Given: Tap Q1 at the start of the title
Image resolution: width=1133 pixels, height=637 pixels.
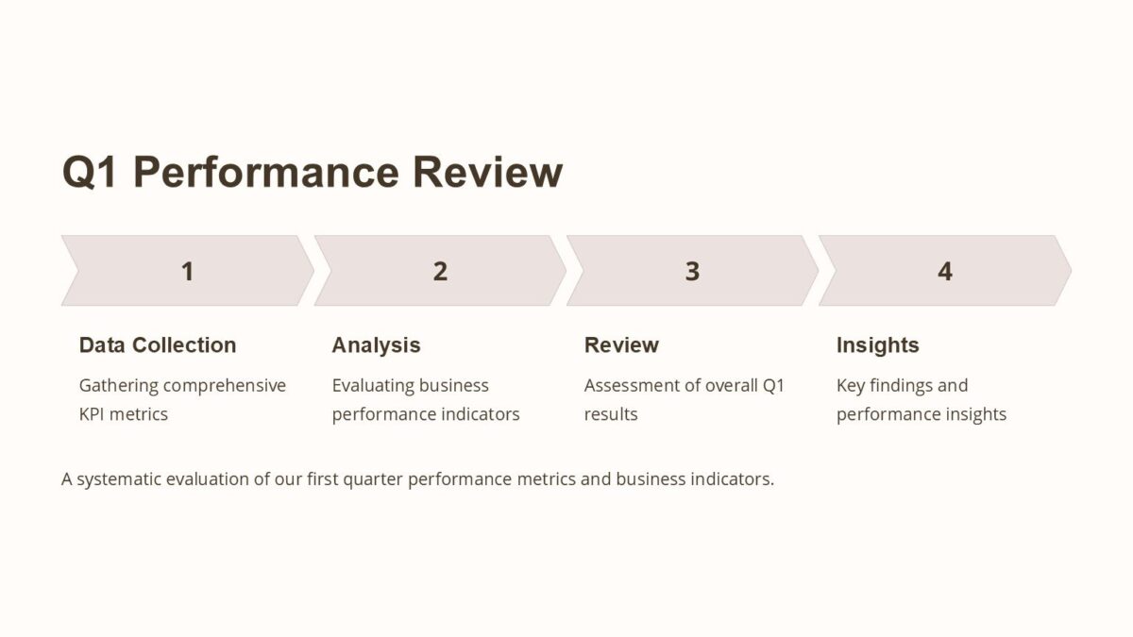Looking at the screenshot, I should click(x=90, y=173).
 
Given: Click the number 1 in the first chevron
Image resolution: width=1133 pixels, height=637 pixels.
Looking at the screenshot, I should click(x=187, y=272).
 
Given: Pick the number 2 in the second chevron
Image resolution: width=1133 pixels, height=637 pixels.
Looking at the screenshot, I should click(x=440, y=272).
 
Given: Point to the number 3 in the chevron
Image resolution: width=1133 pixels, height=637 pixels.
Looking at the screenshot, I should click(x=692, y=272).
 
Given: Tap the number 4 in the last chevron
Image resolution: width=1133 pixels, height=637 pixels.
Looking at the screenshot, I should click(x=945, y=272).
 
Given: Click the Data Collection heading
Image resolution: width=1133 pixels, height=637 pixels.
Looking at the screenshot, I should click(x=158, y=345).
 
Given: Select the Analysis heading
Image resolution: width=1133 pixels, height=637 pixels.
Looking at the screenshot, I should click(x=376, y=345).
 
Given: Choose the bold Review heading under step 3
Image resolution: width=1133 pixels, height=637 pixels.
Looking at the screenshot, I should click(x=621, y=345).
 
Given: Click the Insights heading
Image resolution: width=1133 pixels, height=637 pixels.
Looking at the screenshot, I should click(x=877, y=345).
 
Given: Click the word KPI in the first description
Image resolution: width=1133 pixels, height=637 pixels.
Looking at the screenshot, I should click(x=93, y=414).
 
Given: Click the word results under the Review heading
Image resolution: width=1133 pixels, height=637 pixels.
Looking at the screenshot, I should click(x=611, y=414).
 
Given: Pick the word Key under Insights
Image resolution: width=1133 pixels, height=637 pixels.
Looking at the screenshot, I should click(x=851, y=386).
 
